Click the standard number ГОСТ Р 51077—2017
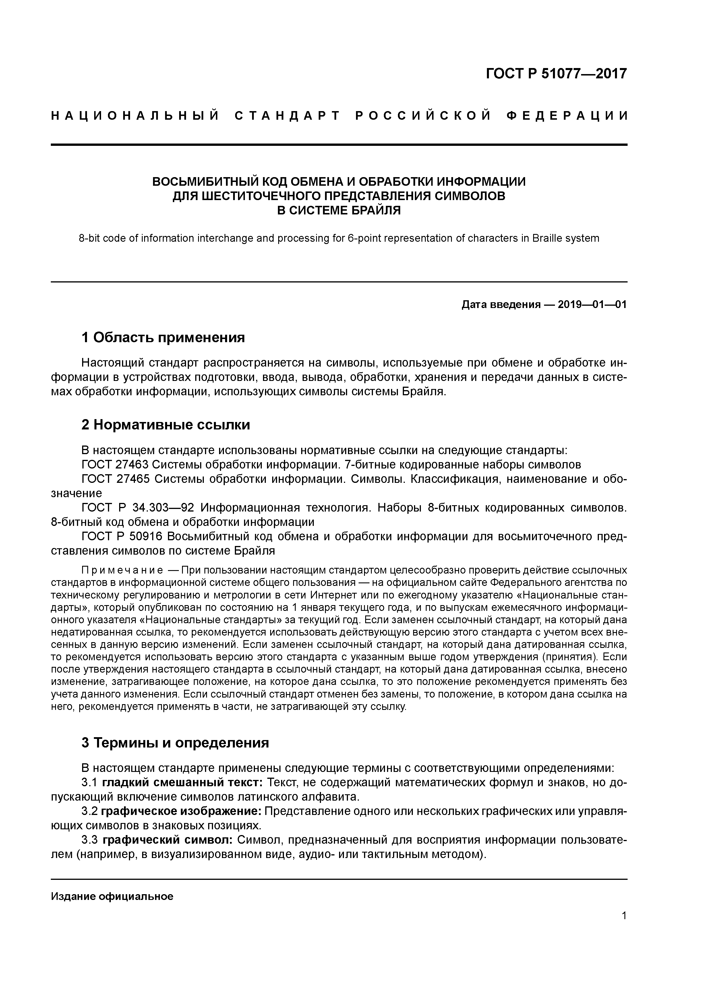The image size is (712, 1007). point(556,74)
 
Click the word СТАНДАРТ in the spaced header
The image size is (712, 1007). point(287,116)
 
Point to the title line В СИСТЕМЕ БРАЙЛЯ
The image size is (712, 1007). point(339,210)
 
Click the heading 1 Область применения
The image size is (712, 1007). point(163,337)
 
